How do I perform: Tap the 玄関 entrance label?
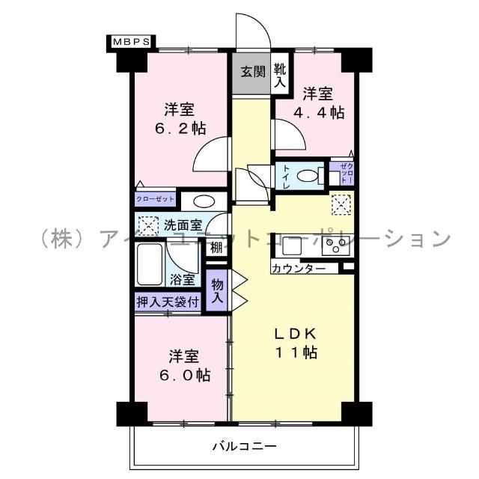[252, 73]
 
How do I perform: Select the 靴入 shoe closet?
[280, 76]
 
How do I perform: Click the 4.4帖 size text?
[323, 113]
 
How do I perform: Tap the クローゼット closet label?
[156, 199]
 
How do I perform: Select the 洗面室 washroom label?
[183, 224]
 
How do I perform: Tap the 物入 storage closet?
[217, 290]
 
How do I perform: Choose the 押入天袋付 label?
[168, 302]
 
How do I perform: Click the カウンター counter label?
[299, 267]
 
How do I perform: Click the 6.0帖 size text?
[183, 373]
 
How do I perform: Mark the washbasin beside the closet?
[198, 200]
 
